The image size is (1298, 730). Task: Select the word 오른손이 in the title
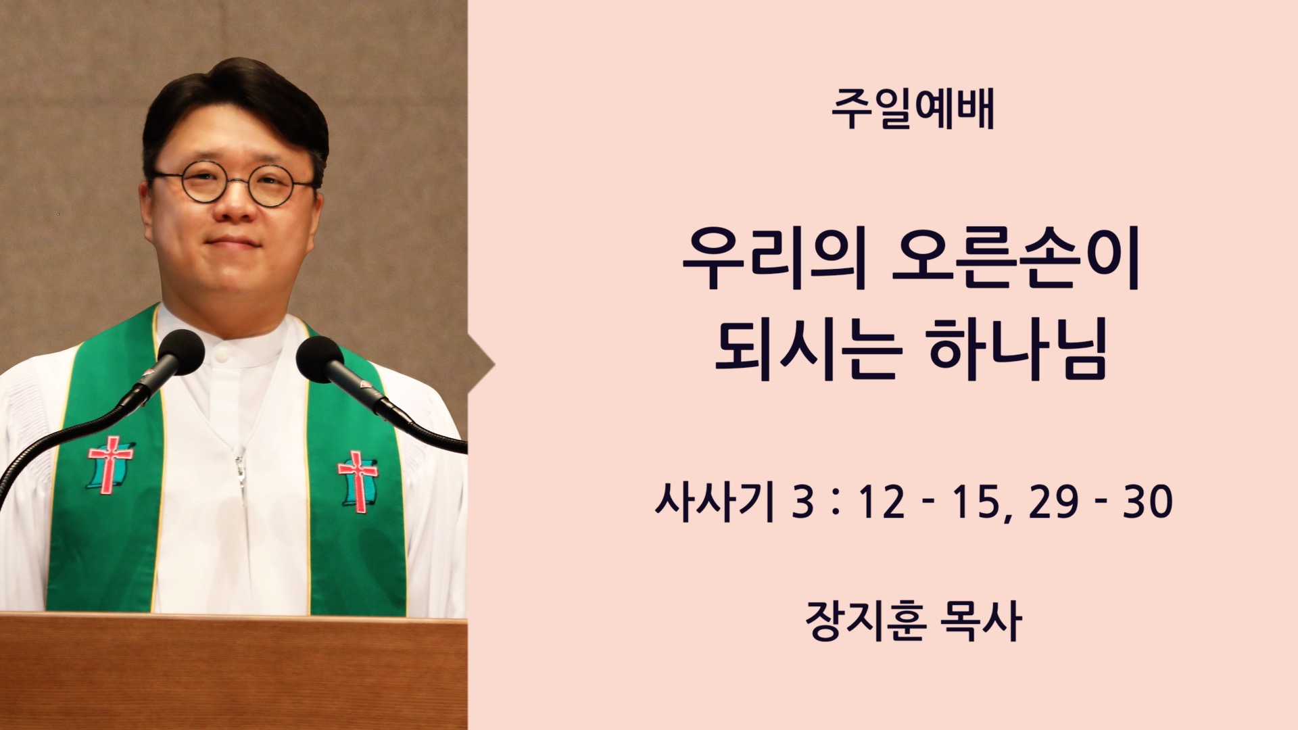coord(1016,260)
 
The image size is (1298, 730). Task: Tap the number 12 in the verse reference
coord(882,503)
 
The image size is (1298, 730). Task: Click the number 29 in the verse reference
coord(1053,503)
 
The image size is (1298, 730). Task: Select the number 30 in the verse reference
coord(1147,503)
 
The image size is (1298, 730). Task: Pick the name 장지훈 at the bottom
coord(865,620)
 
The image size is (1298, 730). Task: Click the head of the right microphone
coord(320,359)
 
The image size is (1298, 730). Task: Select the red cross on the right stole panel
coord(358,481)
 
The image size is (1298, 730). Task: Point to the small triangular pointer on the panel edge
coord(481,366)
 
